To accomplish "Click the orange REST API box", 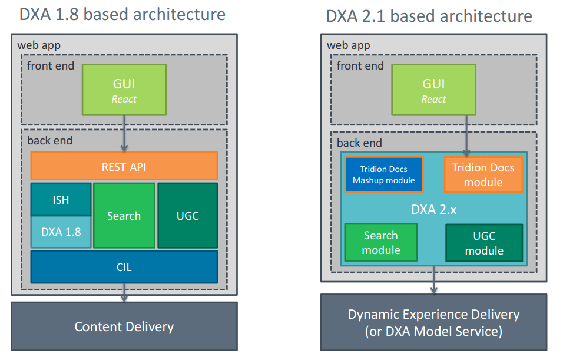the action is pos(124,166).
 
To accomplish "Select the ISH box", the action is pos(61,199).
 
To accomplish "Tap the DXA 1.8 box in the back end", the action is pos(61,232).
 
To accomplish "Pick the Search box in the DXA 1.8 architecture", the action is pos(124,216).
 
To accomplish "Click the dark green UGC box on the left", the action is pos(188,216).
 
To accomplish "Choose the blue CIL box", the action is pos(124,267).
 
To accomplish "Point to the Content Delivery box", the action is pos(124,326).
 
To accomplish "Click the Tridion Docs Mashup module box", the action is pos(384,174).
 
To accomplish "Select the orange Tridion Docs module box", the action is pos(483,174).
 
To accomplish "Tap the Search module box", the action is pos(381,243).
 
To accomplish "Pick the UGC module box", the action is pos(484,243).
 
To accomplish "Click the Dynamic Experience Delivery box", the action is pos(434,322).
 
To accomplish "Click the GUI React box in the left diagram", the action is pos(124,90).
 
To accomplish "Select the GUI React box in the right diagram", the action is pos(434,90).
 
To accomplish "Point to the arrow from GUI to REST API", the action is pos(124,134).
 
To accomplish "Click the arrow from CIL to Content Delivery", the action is pos(124,293).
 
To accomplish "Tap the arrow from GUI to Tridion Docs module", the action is pos(466,136).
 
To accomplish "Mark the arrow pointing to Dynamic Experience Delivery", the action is pos(434,280).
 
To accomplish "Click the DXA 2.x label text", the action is pos(434,209).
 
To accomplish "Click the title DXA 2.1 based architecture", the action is pos(429,16).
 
